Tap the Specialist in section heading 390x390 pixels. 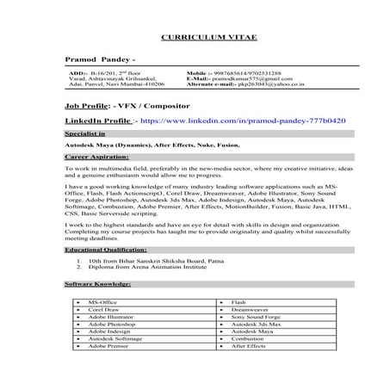click(x=85, y=134)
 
